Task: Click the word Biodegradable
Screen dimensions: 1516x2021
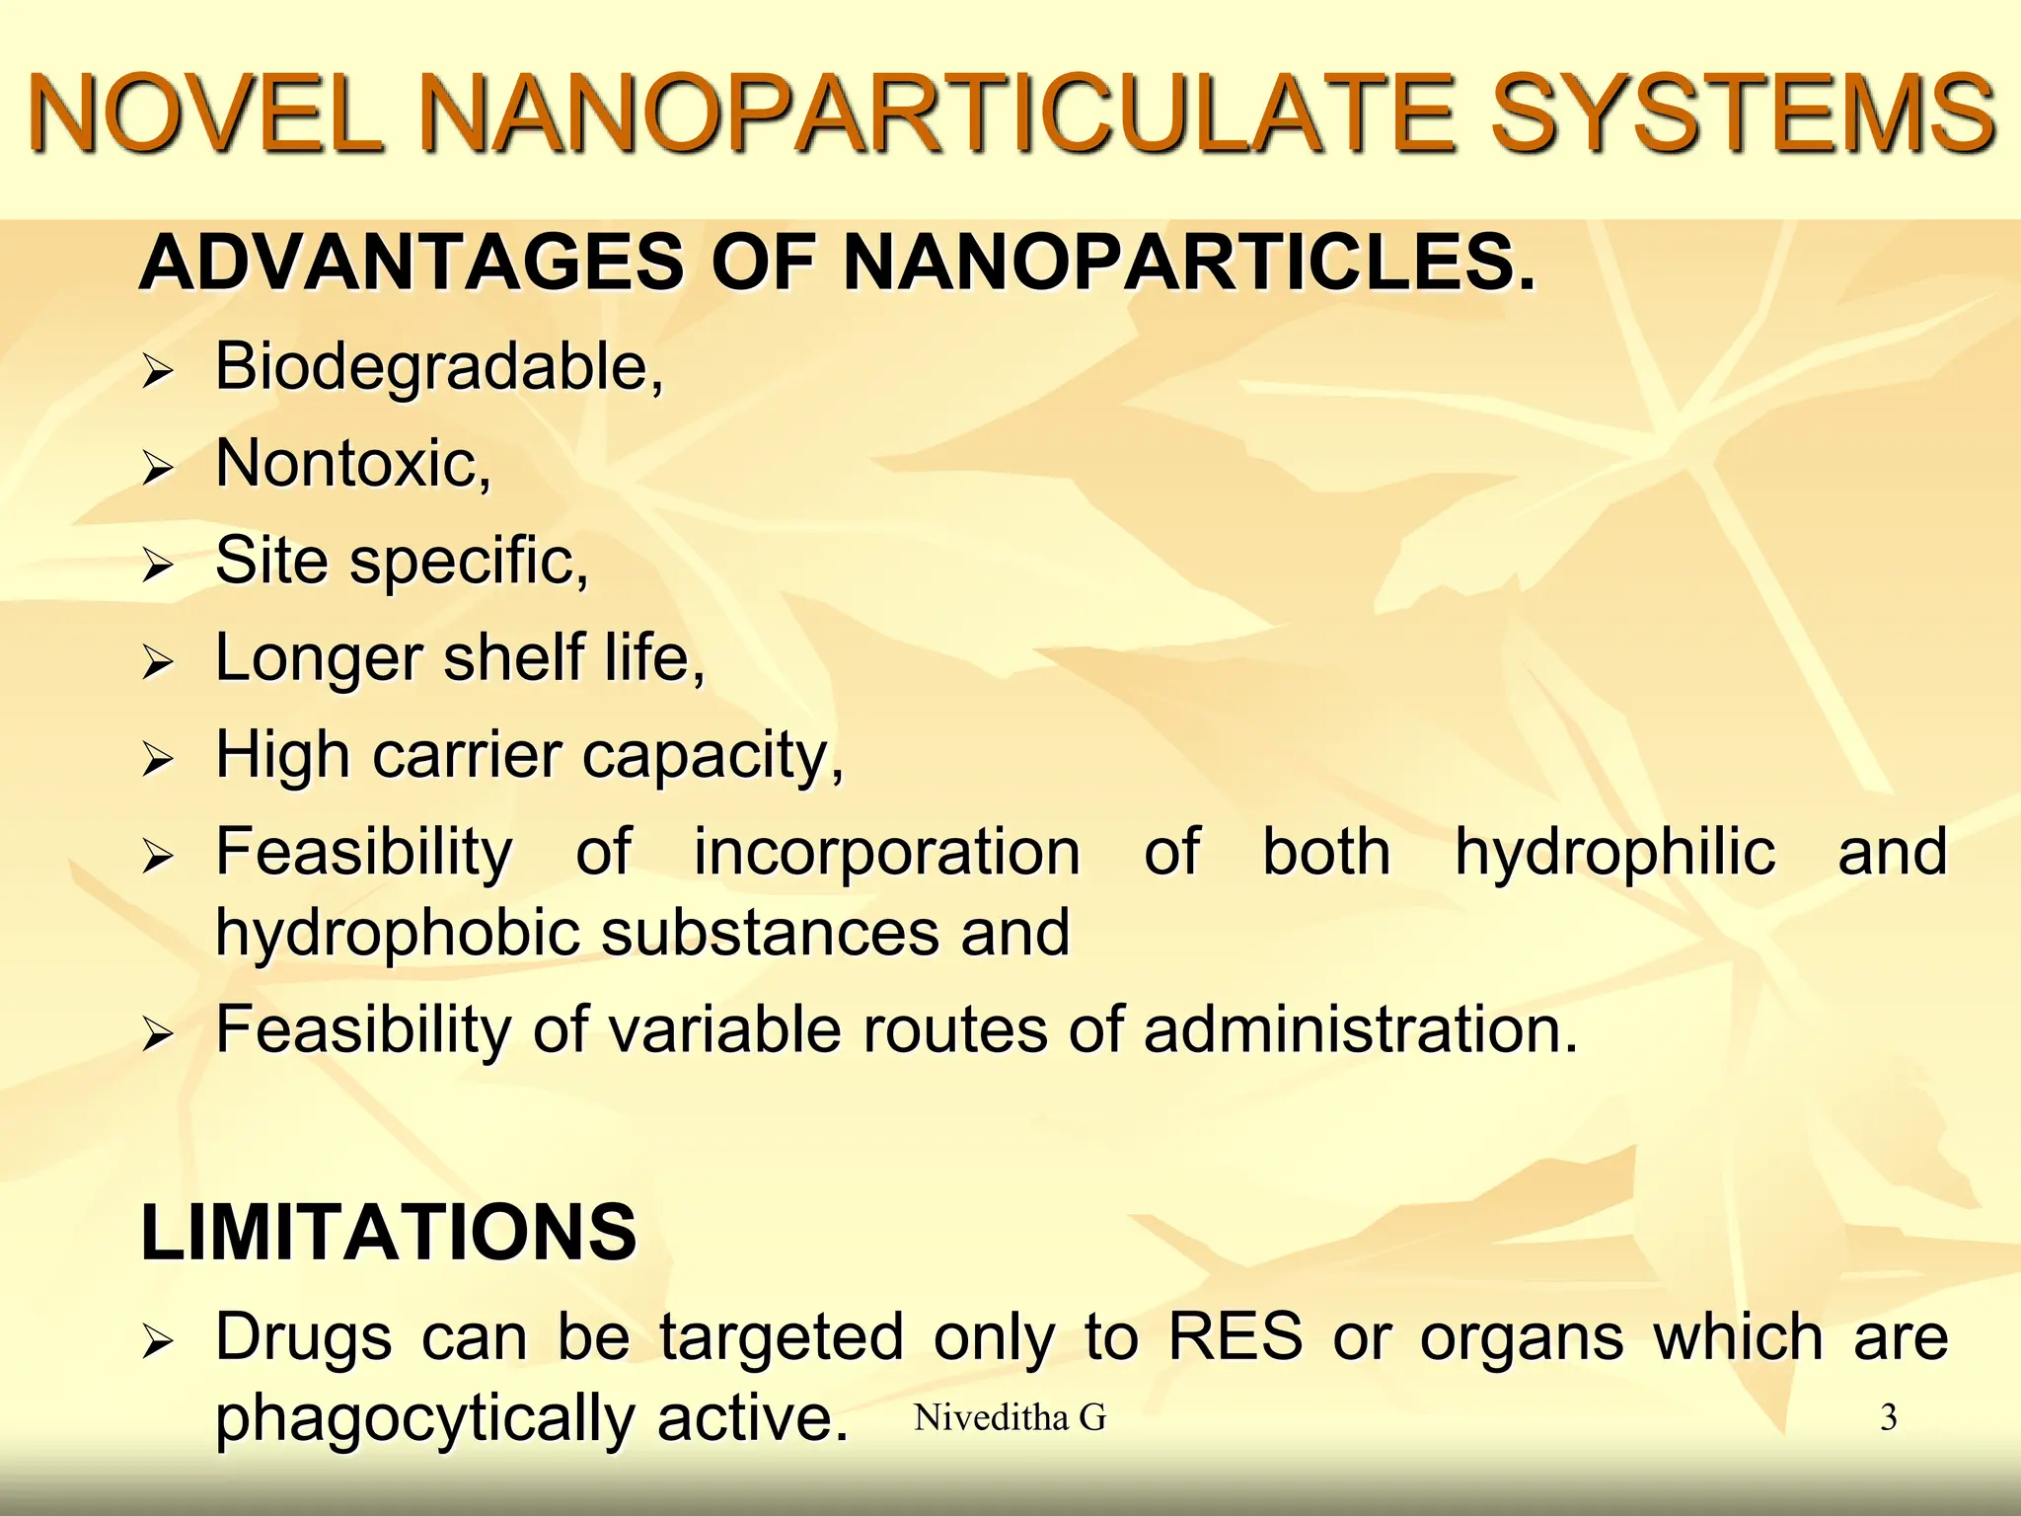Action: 439,367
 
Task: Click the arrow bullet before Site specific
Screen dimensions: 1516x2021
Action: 158,566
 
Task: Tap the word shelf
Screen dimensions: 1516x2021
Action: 513,658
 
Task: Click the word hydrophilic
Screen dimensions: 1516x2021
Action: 1614,853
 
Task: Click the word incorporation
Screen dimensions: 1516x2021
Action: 886,853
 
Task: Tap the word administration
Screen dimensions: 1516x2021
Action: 1360,1030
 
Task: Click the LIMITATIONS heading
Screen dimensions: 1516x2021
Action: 389,1233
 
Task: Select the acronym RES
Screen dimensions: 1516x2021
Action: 1235,1338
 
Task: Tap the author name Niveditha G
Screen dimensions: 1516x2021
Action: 1010,1418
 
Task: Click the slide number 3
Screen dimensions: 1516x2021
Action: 1888,1418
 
